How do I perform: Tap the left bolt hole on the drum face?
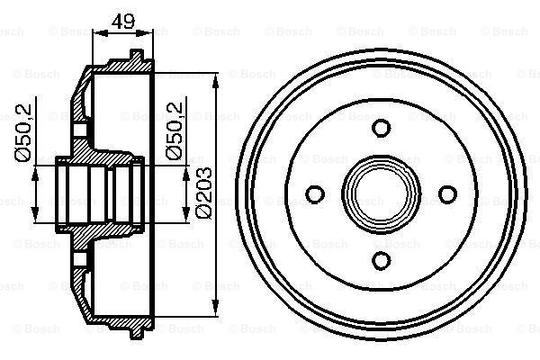[x=316, y=193]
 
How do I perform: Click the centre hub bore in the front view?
[x=382, y=193]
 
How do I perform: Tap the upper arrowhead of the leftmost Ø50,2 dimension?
[x=36, y=171]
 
